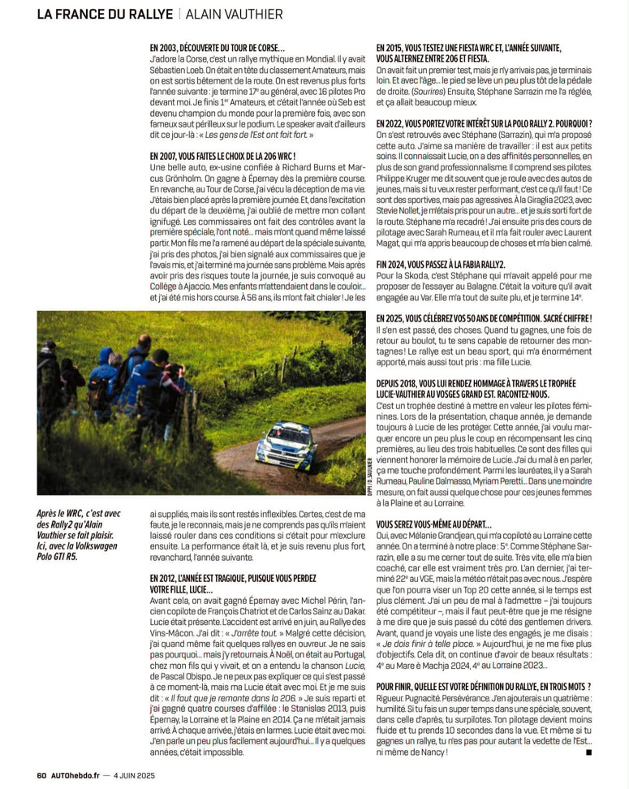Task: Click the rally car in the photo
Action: pos(286,446)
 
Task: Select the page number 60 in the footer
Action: pos(42,774)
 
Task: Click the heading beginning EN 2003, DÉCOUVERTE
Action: pos(218,49)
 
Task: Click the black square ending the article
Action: pos(588,752)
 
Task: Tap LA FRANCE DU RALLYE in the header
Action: pos(105,14)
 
